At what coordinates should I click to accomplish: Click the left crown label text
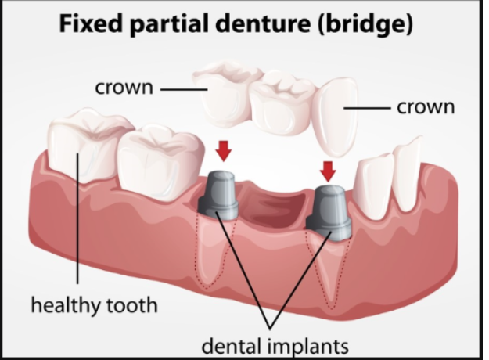(124, 87)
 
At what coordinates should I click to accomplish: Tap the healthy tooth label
(94, 304)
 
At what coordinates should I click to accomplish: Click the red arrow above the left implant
(225, 150)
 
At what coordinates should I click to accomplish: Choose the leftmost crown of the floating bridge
(223, 91)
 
